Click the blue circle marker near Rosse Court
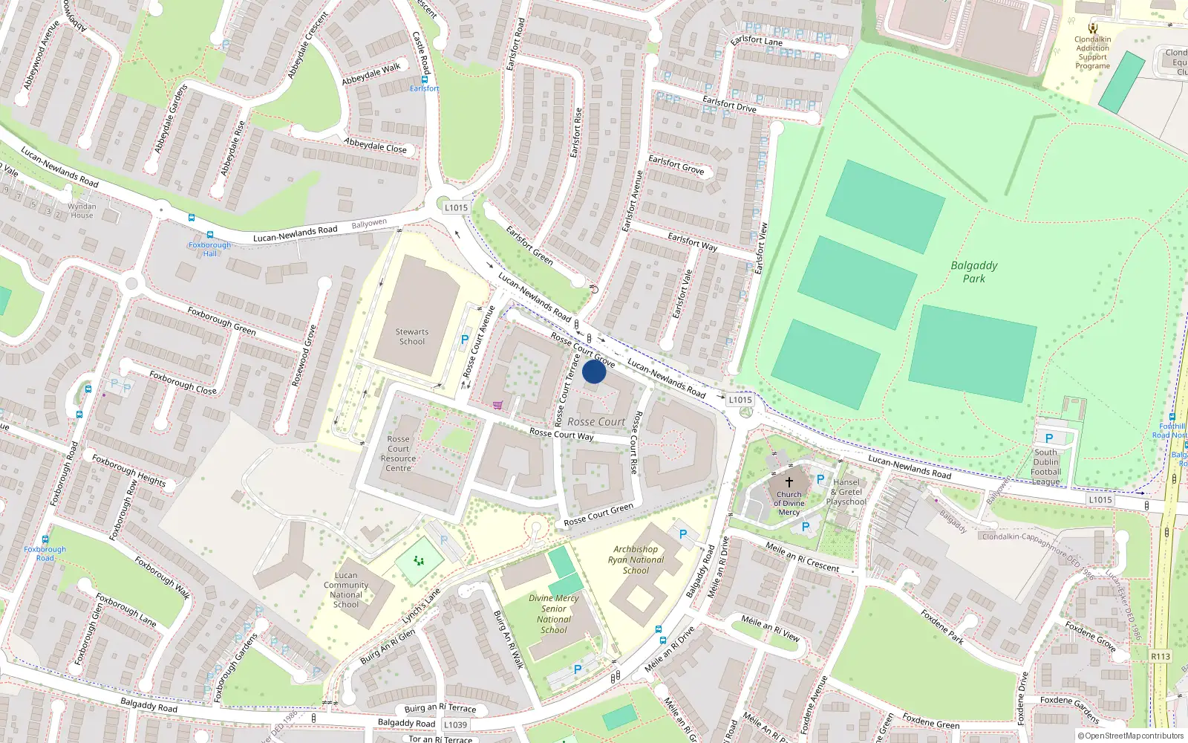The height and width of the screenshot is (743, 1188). point(594,371)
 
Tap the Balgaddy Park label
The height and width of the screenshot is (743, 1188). point(974,272)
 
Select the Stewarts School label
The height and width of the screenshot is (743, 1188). point(412,337)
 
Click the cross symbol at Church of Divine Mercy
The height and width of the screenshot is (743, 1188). point(789,481)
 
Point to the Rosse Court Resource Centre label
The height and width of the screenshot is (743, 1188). point(398,453)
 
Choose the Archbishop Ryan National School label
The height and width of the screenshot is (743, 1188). point(636,559)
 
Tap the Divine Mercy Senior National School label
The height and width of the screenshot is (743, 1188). point(554,614)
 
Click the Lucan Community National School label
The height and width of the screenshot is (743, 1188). point(346,590)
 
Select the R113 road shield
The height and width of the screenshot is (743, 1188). point(1161,656)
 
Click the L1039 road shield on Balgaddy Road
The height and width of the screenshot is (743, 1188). point(455,724)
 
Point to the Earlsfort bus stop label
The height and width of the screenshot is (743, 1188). point(425,88)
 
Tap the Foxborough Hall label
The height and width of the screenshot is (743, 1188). point(210,249)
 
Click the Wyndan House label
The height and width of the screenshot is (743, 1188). point(82,211)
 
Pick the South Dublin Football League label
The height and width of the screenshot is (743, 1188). point(1045,467)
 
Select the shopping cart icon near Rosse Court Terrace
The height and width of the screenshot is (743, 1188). point(497,405)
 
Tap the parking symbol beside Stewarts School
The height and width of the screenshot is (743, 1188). point(465,340)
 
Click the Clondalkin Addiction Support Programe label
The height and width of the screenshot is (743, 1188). point(1093,53)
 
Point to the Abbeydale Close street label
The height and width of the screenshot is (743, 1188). point(376,145)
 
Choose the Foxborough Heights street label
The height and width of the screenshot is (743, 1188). point(129,470)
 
